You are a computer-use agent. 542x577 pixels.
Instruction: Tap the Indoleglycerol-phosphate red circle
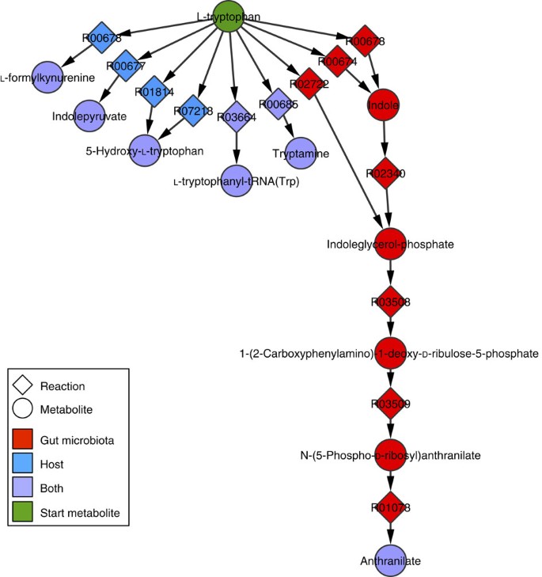(390, 245)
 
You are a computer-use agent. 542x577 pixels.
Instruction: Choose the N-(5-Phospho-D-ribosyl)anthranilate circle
(390, 455)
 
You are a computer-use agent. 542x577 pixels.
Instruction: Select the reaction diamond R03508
(390, 302)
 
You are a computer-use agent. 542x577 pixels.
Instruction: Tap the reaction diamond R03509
(390, 404)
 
